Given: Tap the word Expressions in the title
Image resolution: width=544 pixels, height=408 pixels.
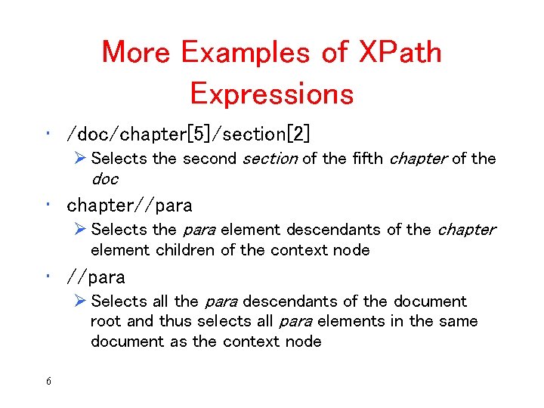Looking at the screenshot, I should click(271, 94).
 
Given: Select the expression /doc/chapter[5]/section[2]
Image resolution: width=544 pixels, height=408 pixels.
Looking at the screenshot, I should click(188, 134).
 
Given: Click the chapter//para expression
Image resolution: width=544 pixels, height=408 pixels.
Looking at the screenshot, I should click(129, 205).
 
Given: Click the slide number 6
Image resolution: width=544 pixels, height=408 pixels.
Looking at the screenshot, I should click(48, 382).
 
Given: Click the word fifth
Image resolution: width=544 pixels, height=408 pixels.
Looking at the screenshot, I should click(366, 159).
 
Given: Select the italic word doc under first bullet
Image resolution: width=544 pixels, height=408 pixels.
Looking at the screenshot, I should click(104, 179).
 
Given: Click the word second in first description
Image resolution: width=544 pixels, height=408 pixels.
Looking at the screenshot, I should click(209, 159).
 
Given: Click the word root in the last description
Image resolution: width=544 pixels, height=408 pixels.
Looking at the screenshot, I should click(106, 321).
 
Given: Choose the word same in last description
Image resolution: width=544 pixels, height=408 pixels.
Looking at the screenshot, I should click(458, 321).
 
